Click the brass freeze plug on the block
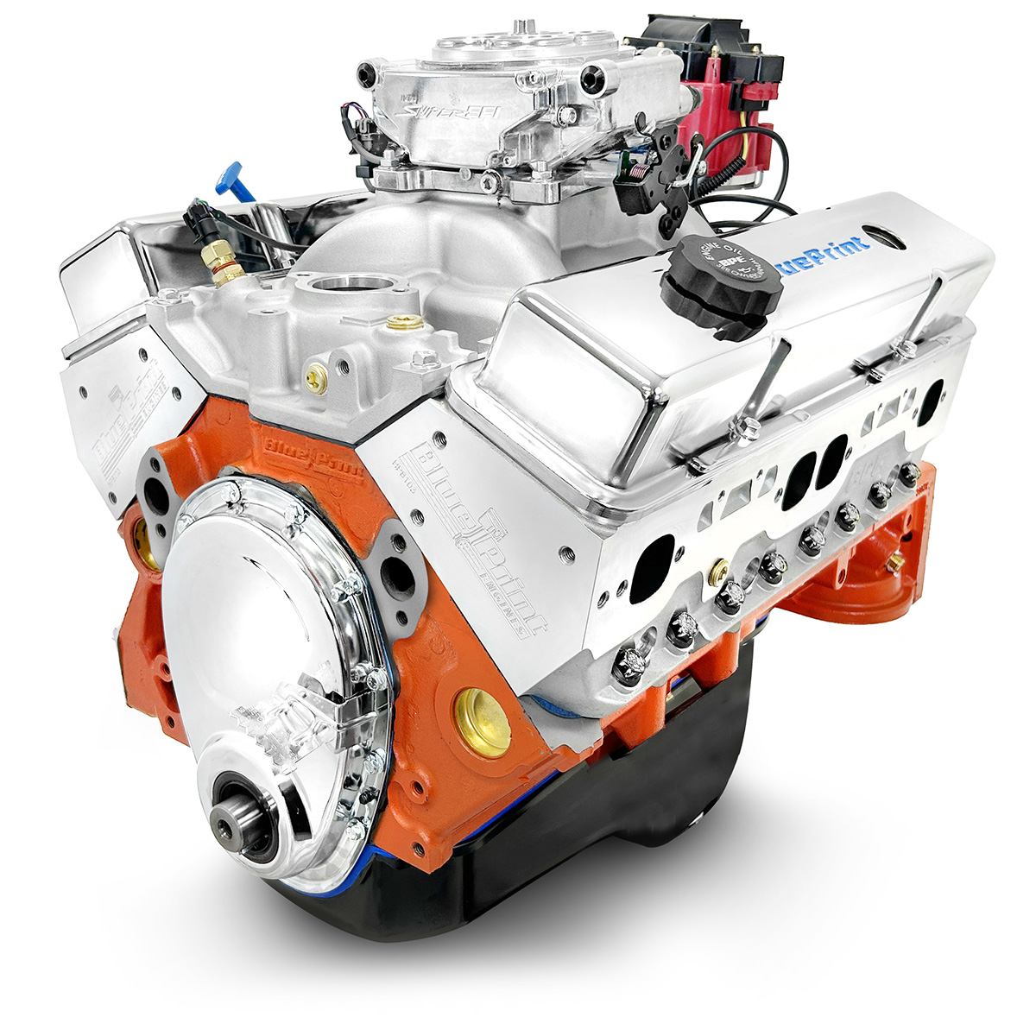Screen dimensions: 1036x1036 point(483,723)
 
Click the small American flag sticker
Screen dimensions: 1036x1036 point(638,170)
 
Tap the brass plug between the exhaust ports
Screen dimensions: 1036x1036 point(718,572)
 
